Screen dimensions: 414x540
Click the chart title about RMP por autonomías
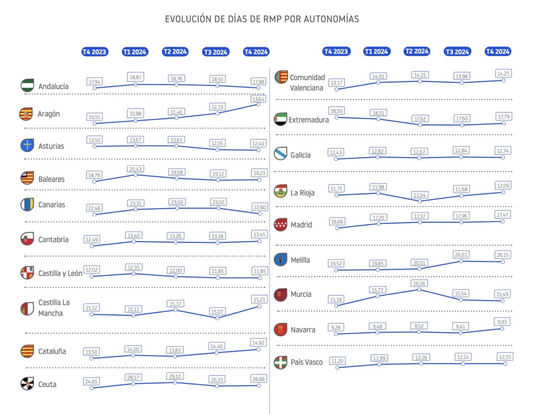point(262,19)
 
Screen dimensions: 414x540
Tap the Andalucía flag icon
point(27,85)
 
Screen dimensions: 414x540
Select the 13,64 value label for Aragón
point(258,99)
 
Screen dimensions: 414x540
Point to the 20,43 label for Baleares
point(135,169)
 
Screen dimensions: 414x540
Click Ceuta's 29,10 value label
point(175,376)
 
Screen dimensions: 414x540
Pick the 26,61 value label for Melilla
point(461,255)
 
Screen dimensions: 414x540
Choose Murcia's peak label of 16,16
point(419,283)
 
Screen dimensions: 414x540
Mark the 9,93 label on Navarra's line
point(502,322)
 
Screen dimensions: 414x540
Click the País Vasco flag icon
point(281,362)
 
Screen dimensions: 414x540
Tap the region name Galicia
point(300,155)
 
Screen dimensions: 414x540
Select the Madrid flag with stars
point(281,224)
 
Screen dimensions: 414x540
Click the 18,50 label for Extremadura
point(336,111)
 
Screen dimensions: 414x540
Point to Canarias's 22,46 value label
point(94,208)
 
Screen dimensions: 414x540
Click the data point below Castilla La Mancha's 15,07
point(217,318)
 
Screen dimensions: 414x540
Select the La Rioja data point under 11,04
point(419,201)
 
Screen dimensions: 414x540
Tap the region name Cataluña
point(52,351)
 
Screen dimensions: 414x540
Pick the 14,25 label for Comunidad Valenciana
point(503,73)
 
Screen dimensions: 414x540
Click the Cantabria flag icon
point(27,239)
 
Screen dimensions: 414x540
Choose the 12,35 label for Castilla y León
point(134,267)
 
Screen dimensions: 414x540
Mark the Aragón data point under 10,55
point(94,124)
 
